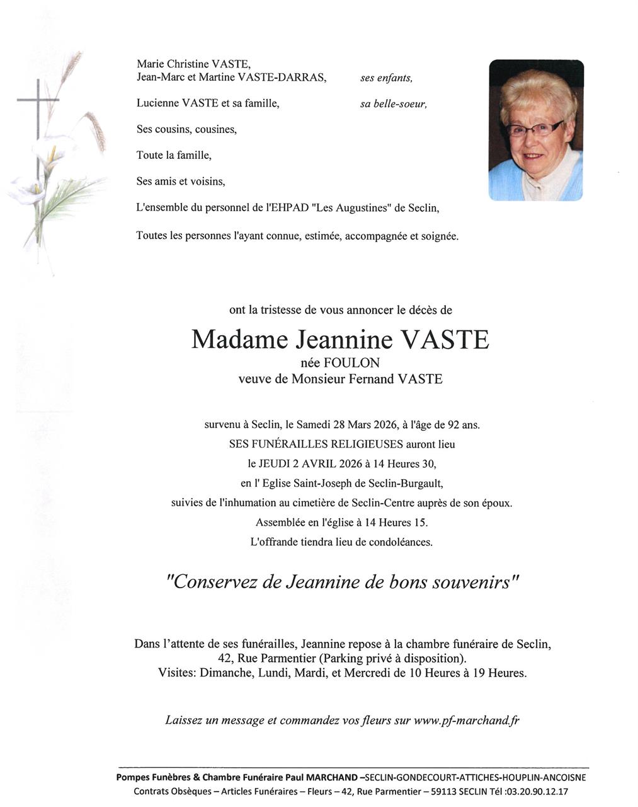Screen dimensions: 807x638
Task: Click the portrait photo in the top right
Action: (x=536, y=130)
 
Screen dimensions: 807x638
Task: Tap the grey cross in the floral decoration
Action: (x=38, y=101)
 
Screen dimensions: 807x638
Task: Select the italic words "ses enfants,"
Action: (x=386, y=78)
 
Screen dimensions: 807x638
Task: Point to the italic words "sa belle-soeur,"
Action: (x=394, y=104)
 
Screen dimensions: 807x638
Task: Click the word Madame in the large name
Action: (x=239, y=340)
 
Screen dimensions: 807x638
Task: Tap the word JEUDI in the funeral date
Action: (x=275, y=464)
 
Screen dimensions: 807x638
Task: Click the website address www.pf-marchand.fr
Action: (x=466, y=720)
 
